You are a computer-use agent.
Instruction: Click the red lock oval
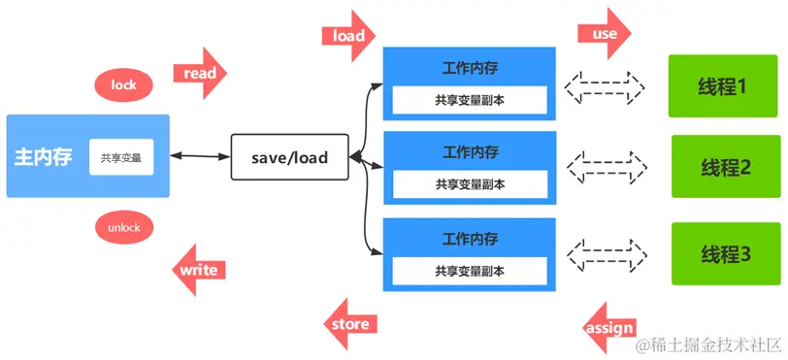[x=123, y=85]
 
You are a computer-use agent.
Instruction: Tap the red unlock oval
[x=124, y=228]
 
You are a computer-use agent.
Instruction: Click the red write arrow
[x=199, y=270]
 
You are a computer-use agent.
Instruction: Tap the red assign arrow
[x=609, y=328]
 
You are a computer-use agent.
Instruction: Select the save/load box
[x=289, y=156]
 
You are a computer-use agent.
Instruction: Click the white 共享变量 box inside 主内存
[x=121, y=156]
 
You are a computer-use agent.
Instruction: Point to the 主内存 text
[x=44, y=156]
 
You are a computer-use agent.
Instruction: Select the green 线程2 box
[x=726, y=167]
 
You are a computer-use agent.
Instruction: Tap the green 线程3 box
[x=726, y=253]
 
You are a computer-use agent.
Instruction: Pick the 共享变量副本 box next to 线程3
[x=470, y=271]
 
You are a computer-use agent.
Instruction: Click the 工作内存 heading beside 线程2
[x=470, y=152]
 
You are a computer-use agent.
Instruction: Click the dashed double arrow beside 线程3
[x=606, y=257]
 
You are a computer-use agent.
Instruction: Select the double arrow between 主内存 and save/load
[x=200, y=156]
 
